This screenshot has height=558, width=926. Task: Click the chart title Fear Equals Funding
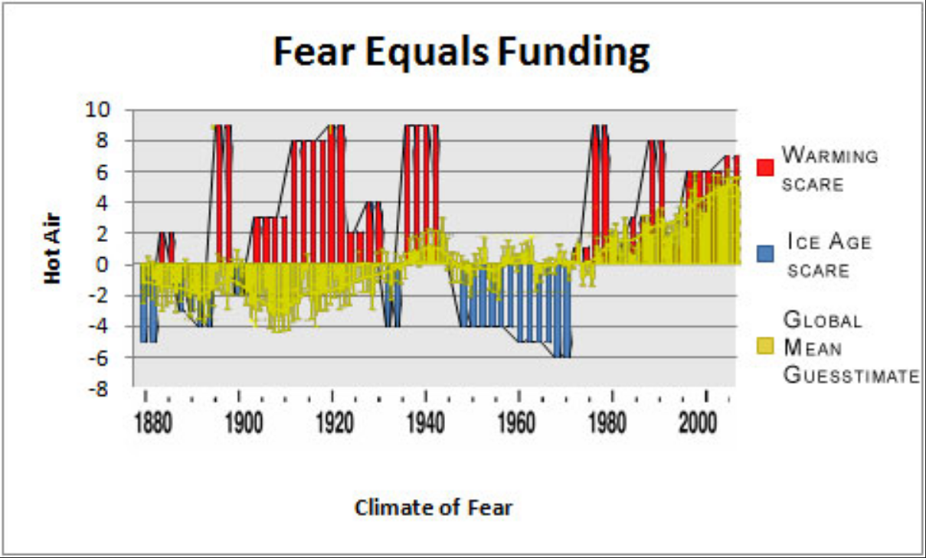[462, 54]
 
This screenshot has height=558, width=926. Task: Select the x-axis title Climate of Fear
[434, 507]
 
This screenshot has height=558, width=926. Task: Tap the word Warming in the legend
[829, 156]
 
